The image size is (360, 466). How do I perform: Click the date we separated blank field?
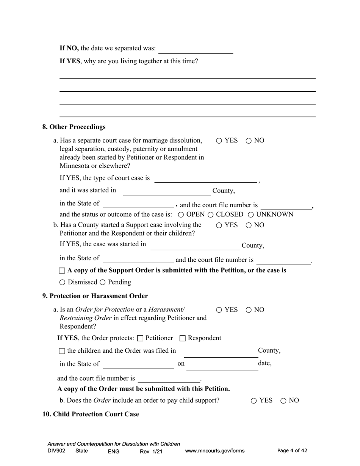[196, 49]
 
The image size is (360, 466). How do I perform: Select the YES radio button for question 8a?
[219, 141]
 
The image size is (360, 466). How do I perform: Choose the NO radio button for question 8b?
[249, 225]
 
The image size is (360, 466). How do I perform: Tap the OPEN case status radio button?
[181, 215]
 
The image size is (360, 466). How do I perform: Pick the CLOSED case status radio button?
[211, 215]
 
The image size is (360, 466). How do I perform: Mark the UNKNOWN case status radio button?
[251, 215]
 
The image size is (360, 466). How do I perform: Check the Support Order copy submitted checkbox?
[62, 271]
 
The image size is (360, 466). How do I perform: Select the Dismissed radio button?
[63, 283]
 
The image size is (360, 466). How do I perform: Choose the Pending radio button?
[103, 283]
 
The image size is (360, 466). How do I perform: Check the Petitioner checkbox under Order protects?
[140, 338]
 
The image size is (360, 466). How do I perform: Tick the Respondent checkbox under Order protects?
[182, 338]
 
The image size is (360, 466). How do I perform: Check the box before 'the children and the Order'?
[62, 351]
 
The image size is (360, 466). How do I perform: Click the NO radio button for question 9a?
[249, 310]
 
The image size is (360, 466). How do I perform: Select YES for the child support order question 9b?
[254, 401]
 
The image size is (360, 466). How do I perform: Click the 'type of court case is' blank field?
[205, 178]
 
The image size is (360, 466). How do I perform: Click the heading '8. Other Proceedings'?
[74, 127]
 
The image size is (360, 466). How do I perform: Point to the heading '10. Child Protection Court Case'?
[91, 414]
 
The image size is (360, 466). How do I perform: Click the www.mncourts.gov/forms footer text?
[214, 451]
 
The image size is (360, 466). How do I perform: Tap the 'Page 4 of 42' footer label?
[292, 450]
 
